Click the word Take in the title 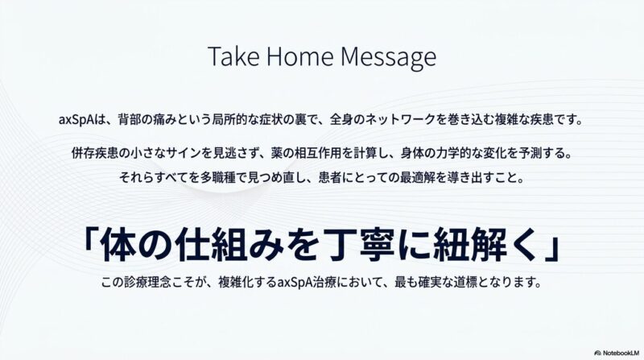click(x=233, y=56)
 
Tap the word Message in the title click(x=388, y=57)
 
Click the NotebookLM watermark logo click(x=617, y=353)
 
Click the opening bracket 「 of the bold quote click(x=89, y=242)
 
